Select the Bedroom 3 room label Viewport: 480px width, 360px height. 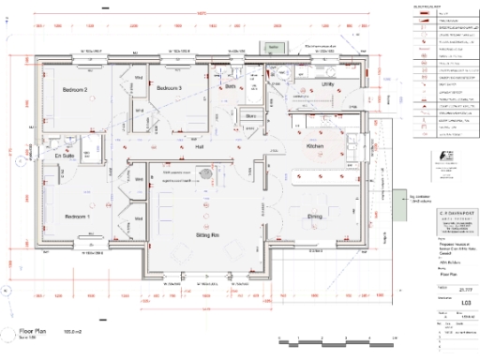(169, 88)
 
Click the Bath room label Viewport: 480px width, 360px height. (231, 87)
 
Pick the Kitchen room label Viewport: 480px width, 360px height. (315, 147)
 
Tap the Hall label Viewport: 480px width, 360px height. (199, 147)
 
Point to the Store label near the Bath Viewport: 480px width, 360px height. (250, 116)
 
